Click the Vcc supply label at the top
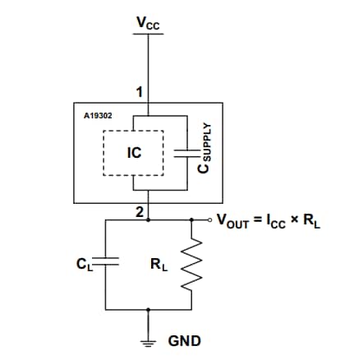pos(149,25)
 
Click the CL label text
pos(84,264)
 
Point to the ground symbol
pos(149,337)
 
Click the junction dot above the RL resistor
pos(191,219)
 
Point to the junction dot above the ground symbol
pos(149,310)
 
